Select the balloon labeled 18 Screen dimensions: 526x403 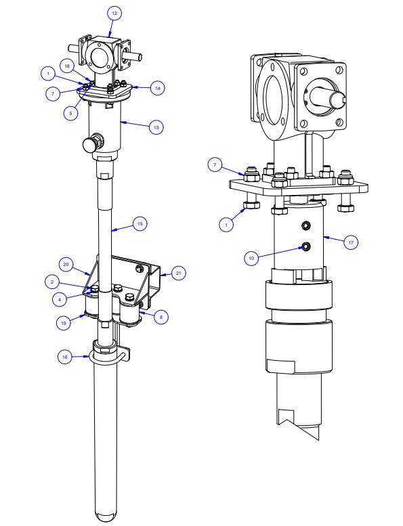pos(67,66)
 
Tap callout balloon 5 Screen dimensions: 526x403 pos(71,114)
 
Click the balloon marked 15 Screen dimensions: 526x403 pos(140,224)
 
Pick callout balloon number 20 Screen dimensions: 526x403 pos(66,264)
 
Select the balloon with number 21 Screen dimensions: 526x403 pos(178,273)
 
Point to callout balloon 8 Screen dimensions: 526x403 pos(159,315)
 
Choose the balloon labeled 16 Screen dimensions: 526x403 pos(65,358)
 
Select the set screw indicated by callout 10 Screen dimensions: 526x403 pos(305,246)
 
